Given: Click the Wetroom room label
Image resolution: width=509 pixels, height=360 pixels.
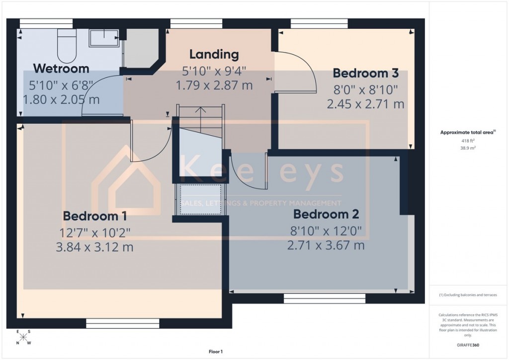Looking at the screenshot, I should point(61,69).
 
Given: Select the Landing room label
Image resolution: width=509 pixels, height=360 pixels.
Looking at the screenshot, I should point(214,54).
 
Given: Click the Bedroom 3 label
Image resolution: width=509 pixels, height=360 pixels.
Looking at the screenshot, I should point(365,74).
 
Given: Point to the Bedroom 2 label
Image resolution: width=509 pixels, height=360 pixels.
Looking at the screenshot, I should point(326,215).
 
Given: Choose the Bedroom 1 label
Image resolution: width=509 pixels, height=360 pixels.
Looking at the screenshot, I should point(94,216).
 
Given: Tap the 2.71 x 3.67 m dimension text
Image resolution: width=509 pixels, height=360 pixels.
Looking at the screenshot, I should point(326,245).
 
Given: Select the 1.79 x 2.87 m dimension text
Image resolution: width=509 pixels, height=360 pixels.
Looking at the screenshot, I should point(214,85).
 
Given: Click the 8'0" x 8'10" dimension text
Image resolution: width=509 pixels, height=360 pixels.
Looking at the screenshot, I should point(365,90).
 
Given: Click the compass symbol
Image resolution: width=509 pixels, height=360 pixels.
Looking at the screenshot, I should point(23,337).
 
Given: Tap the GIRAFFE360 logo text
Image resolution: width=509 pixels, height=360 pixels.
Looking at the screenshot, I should point(469,345).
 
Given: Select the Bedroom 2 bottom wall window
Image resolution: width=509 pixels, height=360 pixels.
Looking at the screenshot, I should point(325,298).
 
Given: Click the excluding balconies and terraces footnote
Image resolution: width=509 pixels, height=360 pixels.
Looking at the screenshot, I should point(468,295).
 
